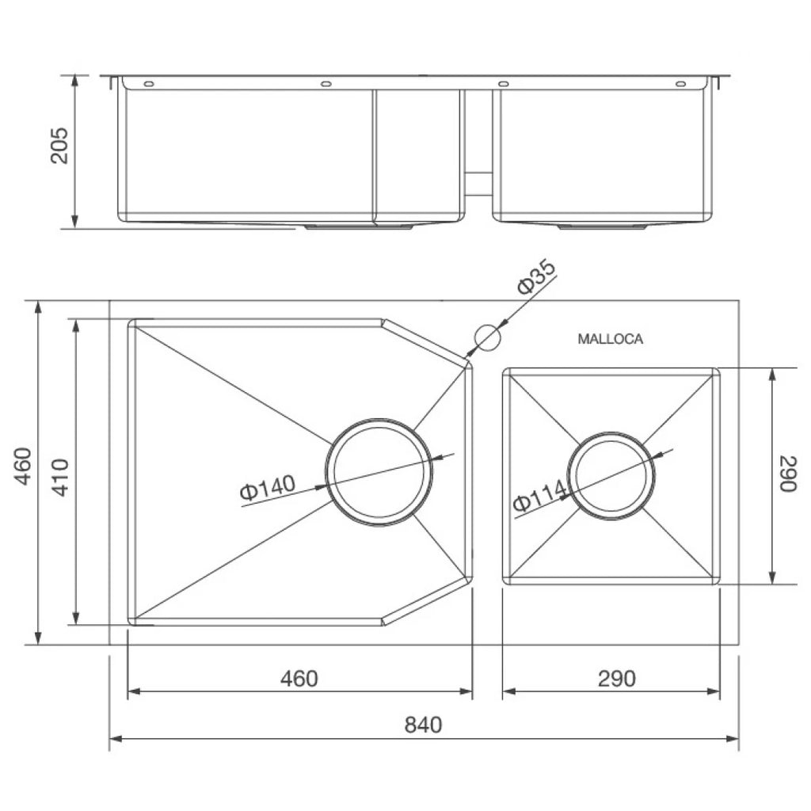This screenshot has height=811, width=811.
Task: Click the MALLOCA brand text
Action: pos(611,339)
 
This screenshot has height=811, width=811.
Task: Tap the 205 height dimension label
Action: pos(59,146)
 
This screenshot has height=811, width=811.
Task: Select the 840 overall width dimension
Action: pos(423,725)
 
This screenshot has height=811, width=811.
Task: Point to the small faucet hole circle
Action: pos(488,337)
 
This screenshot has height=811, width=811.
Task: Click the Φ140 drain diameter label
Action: pos(268,487)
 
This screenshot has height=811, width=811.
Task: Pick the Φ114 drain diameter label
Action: pos(539,496)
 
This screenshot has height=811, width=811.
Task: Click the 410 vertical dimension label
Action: pos(61,478)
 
